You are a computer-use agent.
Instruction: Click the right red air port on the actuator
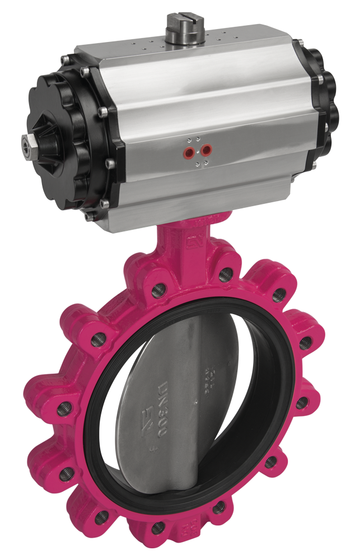(x=207, y=149)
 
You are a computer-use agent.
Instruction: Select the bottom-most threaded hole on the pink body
(x=157, y=528)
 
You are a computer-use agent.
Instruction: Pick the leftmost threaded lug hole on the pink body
(x=61, y=409)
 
